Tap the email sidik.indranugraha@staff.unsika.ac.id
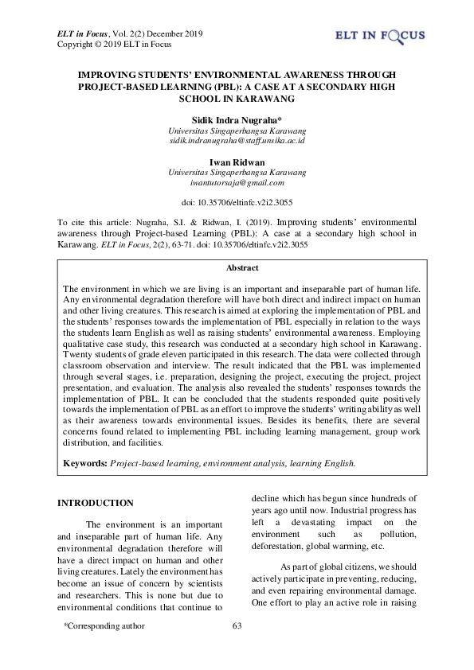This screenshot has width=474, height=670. coord(237,140)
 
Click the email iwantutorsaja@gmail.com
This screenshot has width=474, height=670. coord(237,182)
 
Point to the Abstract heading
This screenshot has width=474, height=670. coord(237,269)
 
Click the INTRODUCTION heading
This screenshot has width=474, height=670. coord(96,503)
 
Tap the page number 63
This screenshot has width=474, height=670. coord(237,625)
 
